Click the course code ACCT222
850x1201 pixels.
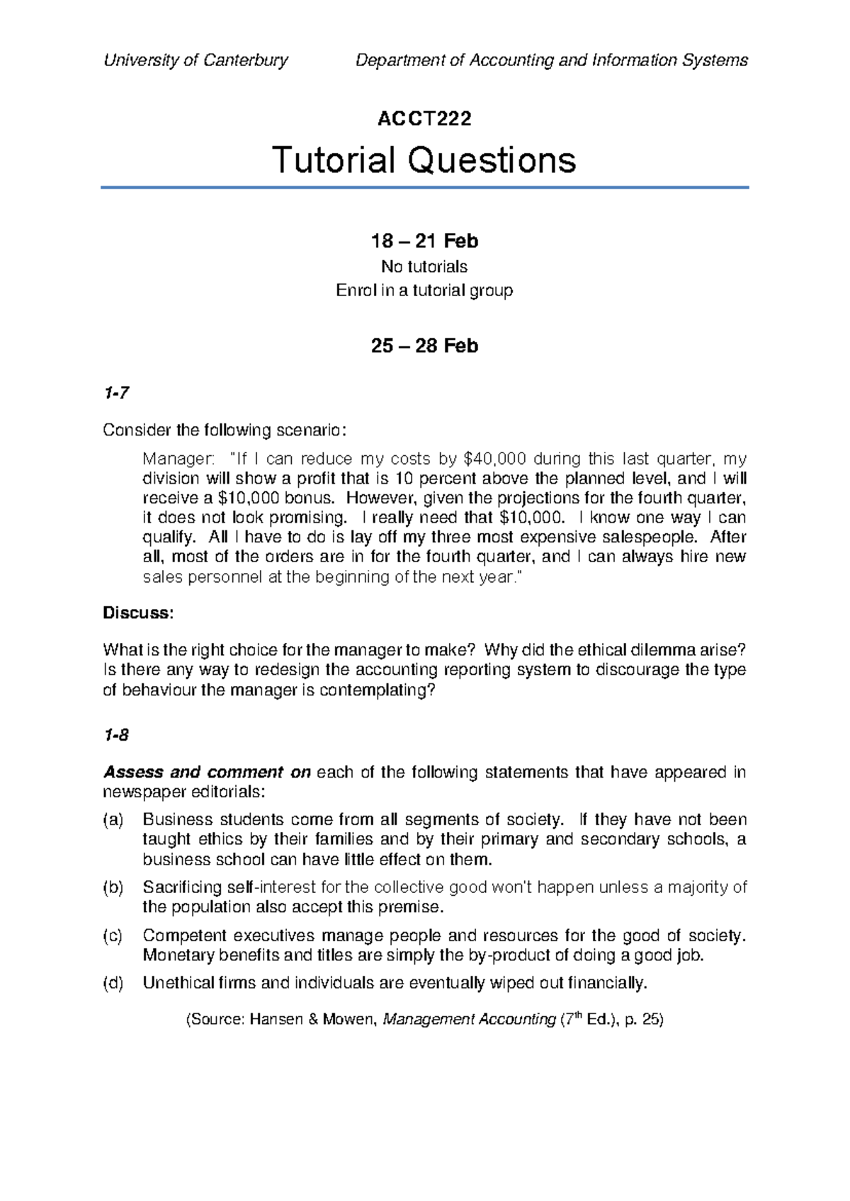coord(424,118)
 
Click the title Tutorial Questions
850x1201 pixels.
coord(424,160)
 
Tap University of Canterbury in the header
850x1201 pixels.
coord(195,60)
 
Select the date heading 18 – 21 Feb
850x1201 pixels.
coord(424,241)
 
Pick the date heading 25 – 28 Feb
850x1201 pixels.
coord(424,346)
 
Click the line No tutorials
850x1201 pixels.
coord(424,266)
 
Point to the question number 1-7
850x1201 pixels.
coord(115,392)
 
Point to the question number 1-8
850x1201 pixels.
coord(115,735)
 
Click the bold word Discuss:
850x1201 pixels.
coord(138,613)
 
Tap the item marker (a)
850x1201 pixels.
coord(113,819)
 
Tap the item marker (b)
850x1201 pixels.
coord(113,887)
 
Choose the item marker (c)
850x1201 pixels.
coord(113,935)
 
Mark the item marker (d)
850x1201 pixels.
coord(113,983)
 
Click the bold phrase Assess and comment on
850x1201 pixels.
coord(207,772)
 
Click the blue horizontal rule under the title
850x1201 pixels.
coord(424,188)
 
